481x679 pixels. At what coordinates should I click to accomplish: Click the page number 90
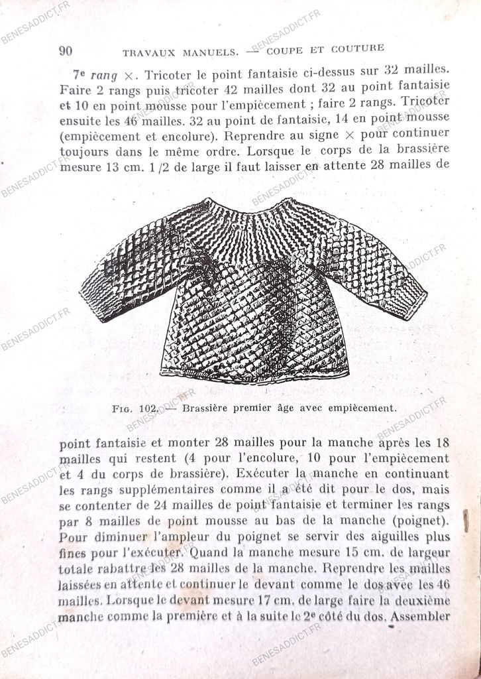click(66, 51)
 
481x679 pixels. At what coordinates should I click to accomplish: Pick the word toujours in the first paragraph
click(82, 151)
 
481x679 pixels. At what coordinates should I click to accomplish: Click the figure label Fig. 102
click(134, 409)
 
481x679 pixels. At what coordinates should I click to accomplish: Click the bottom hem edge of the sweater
click(255, 377)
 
